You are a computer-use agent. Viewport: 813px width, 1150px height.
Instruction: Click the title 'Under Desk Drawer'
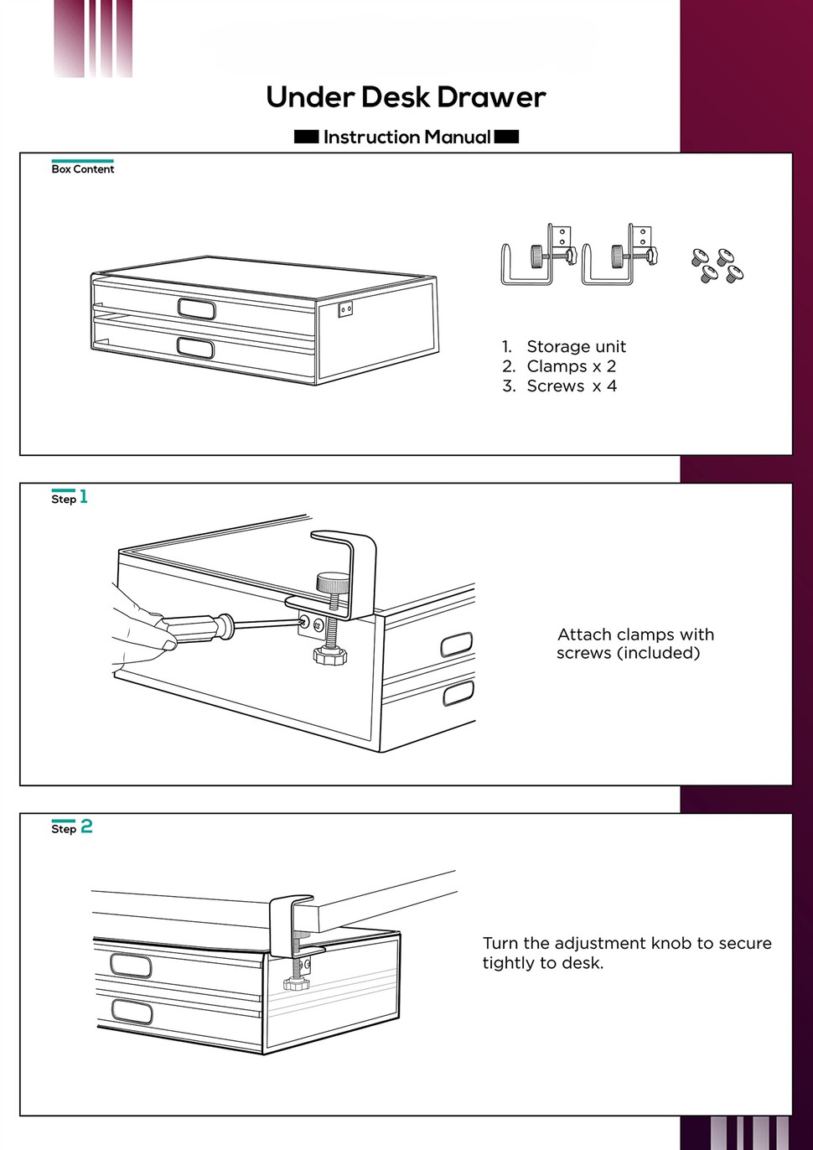tap(406, 97)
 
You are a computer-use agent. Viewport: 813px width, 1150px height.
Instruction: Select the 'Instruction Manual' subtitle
tap(407, 137)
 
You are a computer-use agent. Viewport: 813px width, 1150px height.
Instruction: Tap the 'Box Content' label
tap(83, 169)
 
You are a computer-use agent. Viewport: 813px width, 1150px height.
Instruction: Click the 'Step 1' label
tap(70, 497)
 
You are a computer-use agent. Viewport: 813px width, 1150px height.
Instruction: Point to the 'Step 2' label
tap(72, 827)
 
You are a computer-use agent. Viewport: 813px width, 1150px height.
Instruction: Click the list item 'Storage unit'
tap(577, 346)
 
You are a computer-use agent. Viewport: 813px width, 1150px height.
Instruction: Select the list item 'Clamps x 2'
tap(572, 366)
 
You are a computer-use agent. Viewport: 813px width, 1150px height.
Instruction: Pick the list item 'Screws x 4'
tap(572, 386)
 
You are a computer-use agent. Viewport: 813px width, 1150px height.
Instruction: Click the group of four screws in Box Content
tap(717, 266)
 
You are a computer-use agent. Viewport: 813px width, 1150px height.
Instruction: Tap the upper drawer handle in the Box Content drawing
tap(197, 308)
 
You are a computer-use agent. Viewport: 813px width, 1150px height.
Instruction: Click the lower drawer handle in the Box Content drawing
tap(195, 348)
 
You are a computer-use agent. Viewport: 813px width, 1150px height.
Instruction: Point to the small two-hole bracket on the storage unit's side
tap(345, 308)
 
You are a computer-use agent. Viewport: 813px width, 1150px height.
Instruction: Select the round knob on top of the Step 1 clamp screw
tap(333, 582)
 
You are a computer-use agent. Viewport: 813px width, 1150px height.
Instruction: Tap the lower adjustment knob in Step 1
tap(329, 655)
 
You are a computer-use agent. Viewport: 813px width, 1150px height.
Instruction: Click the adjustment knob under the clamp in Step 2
tap(296, 983)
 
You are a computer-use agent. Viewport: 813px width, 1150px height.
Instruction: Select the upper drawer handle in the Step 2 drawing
tap(131, 966)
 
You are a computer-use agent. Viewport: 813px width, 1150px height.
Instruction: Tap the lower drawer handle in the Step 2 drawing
tap(132, 1012)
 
